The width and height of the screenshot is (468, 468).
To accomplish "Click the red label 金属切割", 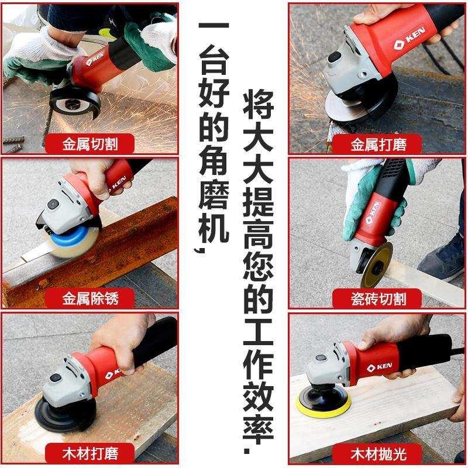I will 90,143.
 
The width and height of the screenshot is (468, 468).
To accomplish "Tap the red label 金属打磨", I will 378,143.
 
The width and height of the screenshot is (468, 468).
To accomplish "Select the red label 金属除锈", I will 90,298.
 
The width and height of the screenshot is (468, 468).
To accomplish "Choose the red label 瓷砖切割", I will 378,298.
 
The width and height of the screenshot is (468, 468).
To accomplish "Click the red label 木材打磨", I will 90,452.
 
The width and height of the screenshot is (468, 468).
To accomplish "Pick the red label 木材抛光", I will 378,452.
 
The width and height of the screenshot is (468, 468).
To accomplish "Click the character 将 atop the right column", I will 258,105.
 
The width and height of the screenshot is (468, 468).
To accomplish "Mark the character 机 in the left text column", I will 213,231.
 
